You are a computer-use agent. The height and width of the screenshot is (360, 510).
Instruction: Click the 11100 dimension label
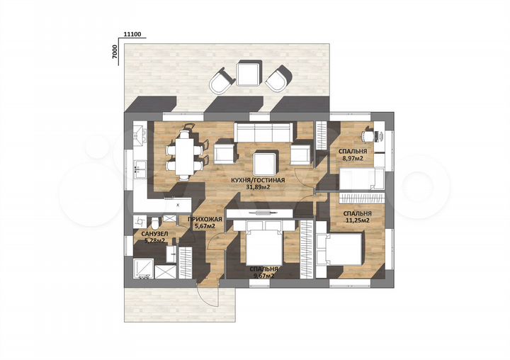[132, 34]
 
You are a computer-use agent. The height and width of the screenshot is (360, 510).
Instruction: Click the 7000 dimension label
[114, 52]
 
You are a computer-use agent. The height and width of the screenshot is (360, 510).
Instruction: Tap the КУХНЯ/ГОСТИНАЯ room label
[258, 180]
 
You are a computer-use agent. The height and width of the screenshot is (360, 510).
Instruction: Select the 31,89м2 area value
[259, 187]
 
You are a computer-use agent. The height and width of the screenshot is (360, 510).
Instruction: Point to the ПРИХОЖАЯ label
[205, 220]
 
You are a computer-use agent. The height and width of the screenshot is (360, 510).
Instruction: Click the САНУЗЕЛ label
[154, 234]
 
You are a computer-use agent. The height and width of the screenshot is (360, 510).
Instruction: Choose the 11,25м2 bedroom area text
[357, 220]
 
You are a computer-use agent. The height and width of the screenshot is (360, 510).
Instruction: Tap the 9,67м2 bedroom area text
[263, 276]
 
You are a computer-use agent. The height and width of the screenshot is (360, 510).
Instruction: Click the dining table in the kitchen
[184, 156]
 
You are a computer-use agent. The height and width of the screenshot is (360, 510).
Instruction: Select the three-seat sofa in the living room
[263, 133]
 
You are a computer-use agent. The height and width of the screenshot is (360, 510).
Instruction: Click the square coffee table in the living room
[266, 164]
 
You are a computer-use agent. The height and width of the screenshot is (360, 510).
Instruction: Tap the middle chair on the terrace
[249, 74]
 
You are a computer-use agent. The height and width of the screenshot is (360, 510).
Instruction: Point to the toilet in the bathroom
[155, 223]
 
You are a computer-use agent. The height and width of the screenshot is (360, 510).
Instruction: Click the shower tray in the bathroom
[143, 269]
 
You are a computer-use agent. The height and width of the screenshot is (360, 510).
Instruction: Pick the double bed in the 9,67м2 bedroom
[264, 244]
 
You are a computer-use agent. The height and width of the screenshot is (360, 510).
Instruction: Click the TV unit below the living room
[260, 213]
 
